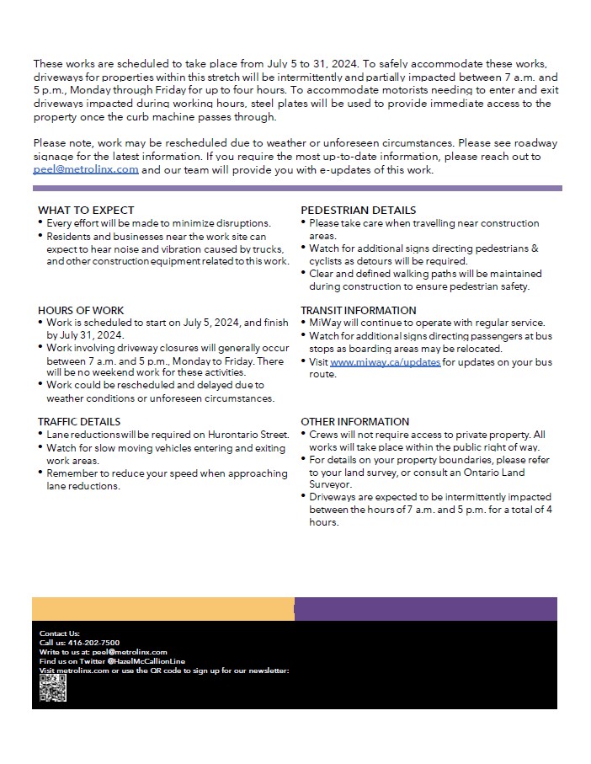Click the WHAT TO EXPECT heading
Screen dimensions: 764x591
point(86,211)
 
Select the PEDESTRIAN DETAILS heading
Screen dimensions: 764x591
point(359,211)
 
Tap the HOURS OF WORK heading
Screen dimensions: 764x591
point(81,311)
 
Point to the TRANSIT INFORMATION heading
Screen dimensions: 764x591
point(359,311)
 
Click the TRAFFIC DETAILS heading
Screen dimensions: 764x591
point(79,422)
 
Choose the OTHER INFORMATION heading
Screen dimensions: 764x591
point(355,422)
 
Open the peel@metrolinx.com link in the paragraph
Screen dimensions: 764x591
point(86,170)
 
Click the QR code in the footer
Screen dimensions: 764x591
point(52,688)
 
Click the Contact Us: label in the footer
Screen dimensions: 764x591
point(59,633)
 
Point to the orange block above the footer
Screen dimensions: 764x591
point(163,609)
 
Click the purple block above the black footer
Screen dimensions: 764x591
point(425,609)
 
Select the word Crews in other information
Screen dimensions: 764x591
point(324,435)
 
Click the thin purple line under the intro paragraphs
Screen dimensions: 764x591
point(297,189)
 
